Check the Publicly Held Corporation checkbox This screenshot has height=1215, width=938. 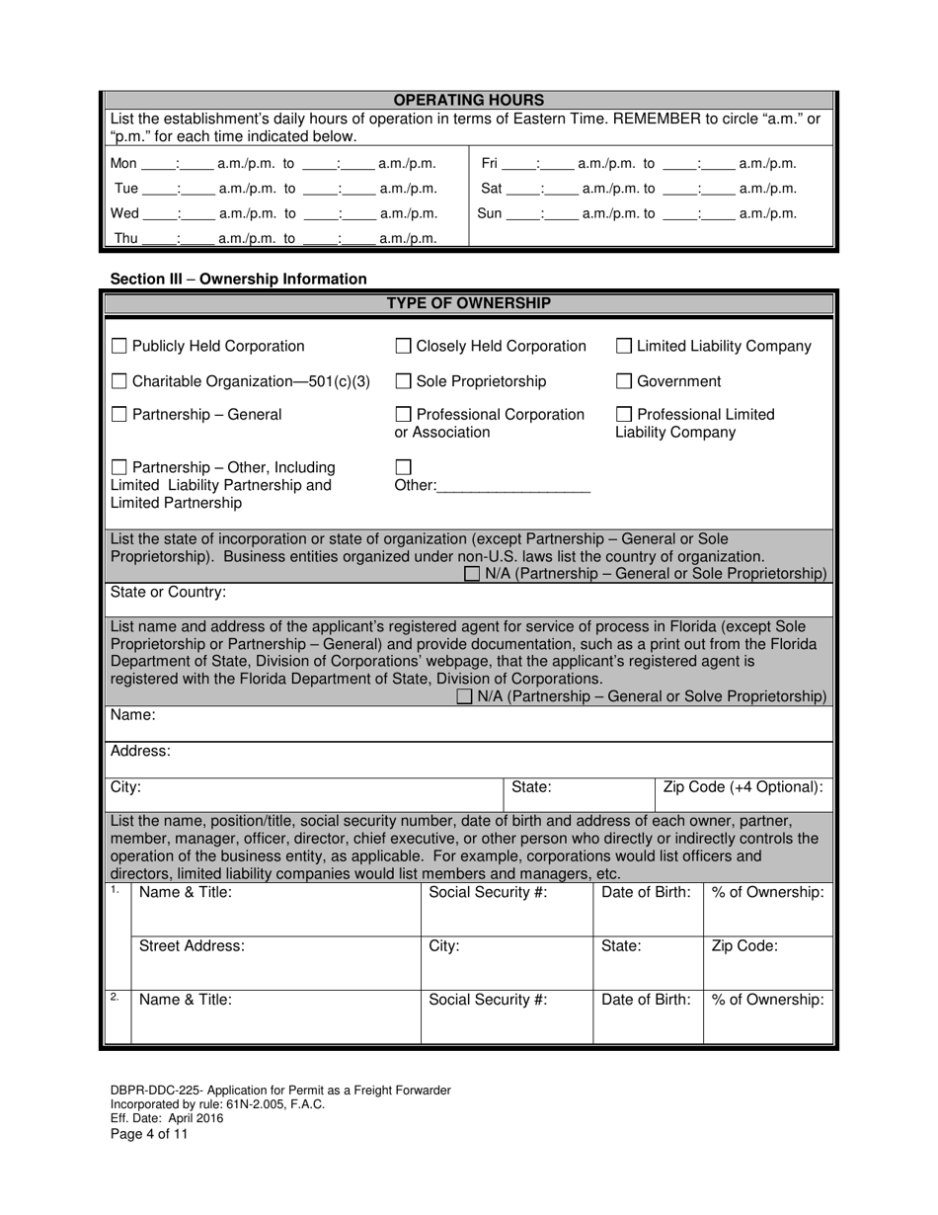click(118, 347)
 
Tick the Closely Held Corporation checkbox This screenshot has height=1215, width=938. click(403, 347)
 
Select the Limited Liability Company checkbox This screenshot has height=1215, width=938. click(624, 347)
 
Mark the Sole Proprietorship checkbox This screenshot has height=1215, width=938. click(403, 381)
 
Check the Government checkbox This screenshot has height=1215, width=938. click(624, 381)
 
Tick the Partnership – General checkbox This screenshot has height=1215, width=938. click(118, 415)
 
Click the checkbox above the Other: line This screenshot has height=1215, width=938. click(403, 466)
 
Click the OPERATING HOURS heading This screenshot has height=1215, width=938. click(469, 100)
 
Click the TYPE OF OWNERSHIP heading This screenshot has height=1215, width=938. click(469, 303)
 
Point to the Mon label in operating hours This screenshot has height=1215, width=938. click(123, 164)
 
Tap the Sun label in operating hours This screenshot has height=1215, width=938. click(490, 213)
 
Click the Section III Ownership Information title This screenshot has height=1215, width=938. click(238, 280)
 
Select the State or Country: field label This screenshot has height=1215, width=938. click(168, 593)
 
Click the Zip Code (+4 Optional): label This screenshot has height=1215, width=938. click(743, 787)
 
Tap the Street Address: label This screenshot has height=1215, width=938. click(192, 946)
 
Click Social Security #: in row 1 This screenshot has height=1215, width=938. click(488, 893)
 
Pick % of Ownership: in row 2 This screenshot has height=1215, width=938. click(767, 1000)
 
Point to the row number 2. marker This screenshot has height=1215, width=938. click(116, 997)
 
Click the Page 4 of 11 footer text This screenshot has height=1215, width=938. click(149, 1134)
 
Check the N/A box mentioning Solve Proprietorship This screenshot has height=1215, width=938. click(465, 697)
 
